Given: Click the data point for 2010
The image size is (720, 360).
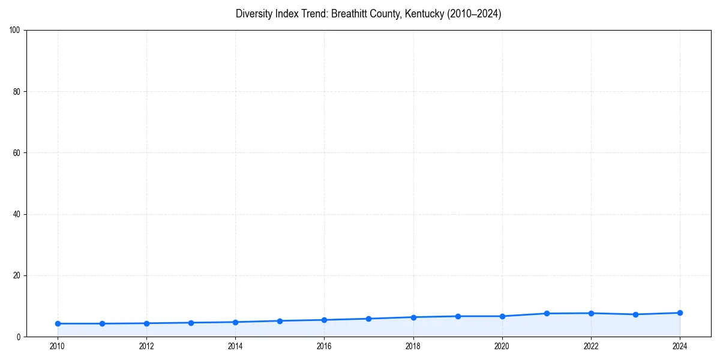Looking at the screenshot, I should (58, 323).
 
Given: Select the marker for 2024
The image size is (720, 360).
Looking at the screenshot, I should (680, 313).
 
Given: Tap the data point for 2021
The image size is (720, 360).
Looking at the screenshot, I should (547, 313).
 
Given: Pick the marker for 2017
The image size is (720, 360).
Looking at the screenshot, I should (368, 319).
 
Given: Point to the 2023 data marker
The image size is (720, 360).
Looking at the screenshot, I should (635, 314).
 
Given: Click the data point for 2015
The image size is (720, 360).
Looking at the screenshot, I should (280, 321).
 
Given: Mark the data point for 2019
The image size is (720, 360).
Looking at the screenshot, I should (458, 316).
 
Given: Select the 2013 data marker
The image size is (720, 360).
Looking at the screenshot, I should (191, 323).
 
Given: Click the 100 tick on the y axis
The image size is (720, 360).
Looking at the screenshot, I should (15, 30).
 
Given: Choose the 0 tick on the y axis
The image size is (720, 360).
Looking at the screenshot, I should (19, 337).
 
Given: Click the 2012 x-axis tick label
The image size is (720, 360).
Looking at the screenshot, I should (146, 346).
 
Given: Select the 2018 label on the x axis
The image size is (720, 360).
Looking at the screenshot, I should (413, 346).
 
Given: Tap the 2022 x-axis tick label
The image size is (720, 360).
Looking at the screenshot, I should (591, 346).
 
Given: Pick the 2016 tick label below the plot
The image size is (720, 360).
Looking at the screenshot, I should (324, 346).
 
